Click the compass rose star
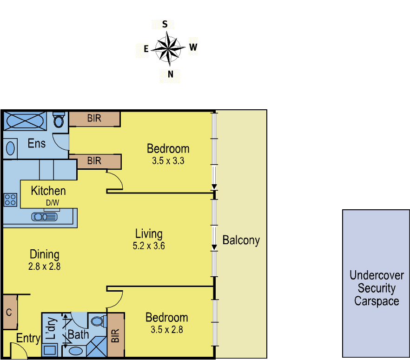coord(168,48)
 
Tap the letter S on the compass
coord(165,24)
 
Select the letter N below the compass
coord(171,74)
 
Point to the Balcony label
coord(241,240)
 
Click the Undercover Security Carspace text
coord(377,288)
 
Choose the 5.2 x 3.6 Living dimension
coord(149,246)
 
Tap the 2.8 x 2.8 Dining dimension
coord(45,267)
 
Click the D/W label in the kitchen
coord(52,203)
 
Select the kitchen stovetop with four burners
coord(10,200)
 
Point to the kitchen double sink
coord(46,216)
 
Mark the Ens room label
coord(37,142)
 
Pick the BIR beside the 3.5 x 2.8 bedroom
coord(116,335)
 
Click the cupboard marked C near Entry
coord(9,312)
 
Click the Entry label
coord(28,339)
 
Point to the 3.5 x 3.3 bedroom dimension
coord(168,161)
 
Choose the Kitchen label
coord(48,191)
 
